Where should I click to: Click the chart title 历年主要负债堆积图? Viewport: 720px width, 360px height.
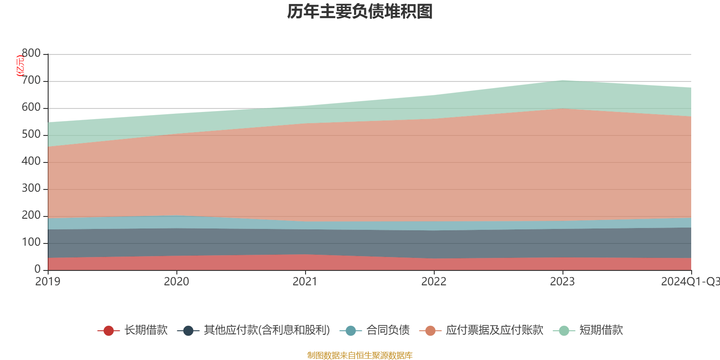click(x=360, y=12)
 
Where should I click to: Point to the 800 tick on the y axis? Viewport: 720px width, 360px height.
click(x=31, y=54)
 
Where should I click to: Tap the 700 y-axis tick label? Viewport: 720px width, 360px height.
click(x=31, y=81)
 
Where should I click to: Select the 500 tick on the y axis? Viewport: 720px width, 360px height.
click(x=31, y=135)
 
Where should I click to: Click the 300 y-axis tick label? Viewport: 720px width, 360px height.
click(x=31, y=189)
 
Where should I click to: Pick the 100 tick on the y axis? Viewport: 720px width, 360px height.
click(x=31, y=243)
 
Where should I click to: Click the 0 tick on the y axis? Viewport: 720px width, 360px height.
click(x=37, y=269)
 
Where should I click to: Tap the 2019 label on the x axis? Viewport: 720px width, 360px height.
click(x=48, y=282)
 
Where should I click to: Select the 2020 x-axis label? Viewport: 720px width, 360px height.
click(x=176, y=282)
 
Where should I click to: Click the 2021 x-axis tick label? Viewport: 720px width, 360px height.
click(x=305, y=282)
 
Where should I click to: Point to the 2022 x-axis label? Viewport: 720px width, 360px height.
click(x=434, y=282)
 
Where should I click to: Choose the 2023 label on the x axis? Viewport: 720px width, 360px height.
click(x=562, y=282)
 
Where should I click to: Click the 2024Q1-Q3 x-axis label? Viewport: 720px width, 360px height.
click(x=689, y=282)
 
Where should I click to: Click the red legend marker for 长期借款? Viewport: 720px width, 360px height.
click(x=108, y=331)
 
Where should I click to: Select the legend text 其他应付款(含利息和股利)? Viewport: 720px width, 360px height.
click(x=267, y=330)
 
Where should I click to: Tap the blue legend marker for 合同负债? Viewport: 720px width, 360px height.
click(x=351, y=331)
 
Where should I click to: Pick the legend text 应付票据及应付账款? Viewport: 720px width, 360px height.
click(x=495, y=330)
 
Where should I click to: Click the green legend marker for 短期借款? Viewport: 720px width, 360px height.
click(x=564, y=331)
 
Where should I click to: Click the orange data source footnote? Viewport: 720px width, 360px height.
click(x=360, y=355)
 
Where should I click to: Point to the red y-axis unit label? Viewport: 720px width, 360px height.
click(x=20, y=66)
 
